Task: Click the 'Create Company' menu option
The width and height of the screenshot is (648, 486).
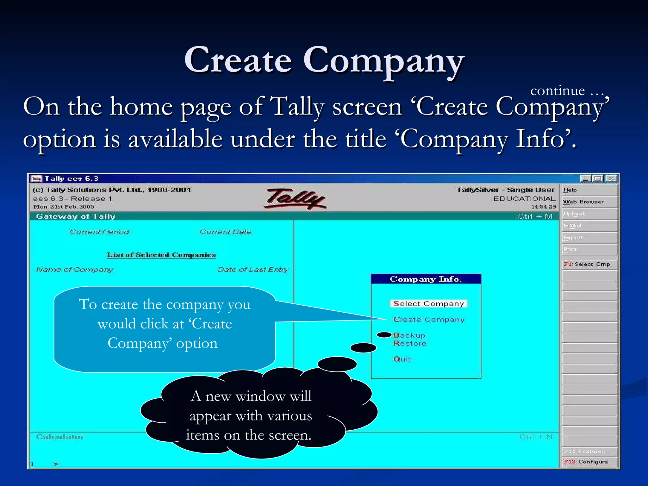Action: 429,320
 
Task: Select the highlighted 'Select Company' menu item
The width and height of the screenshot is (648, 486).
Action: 428,304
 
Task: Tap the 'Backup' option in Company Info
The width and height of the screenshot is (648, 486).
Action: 409,335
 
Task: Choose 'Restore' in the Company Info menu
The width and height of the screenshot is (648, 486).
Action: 410,343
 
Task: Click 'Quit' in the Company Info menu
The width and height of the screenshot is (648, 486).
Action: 402,359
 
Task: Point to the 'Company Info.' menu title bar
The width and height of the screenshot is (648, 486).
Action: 426,279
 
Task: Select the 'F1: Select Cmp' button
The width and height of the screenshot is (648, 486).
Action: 587,264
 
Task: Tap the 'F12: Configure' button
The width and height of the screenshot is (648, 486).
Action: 586,462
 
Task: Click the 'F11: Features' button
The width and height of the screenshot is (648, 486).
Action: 584,451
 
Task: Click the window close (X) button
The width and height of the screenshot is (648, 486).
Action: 612,179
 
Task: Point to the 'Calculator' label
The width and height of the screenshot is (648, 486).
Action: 60,437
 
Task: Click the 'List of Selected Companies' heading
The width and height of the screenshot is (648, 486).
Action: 161,255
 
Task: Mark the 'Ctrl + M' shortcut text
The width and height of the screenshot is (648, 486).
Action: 535,216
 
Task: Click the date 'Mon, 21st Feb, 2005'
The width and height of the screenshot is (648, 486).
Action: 64,207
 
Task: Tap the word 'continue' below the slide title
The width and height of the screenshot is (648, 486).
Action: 558,91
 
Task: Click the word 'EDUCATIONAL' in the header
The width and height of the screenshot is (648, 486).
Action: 524,199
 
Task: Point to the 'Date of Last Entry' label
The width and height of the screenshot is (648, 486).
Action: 253,270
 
